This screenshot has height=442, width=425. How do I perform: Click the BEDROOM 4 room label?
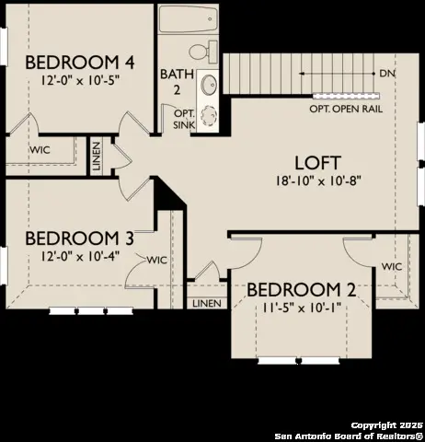pos(80,63)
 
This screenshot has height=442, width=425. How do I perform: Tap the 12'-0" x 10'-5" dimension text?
pos(80,80)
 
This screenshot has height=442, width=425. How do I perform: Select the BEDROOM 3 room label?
pos(79,238)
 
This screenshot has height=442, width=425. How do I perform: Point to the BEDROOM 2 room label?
pos(302,290)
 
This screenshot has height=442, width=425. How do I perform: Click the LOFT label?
pos(317,163)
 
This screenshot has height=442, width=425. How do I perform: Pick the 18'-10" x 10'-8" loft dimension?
pos(317,180)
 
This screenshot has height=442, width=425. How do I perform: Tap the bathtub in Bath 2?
pos(189,19)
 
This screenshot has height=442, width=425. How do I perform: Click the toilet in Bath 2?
pos(203,52)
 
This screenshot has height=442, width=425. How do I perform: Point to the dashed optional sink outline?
pos(209,115)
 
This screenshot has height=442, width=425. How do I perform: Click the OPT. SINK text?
pos(184,119)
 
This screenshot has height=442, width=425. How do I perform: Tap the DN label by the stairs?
pos(387,74)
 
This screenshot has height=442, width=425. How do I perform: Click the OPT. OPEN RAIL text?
pos(346,109)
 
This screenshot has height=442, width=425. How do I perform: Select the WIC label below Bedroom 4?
pos(40,150)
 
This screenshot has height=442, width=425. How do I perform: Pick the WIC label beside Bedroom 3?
pos(157,261)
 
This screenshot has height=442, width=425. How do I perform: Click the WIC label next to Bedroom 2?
pos(392,266)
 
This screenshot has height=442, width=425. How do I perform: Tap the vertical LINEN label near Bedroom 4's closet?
pos(97,157)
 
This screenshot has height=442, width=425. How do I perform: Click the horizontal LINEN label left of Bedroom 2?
pos(207,304)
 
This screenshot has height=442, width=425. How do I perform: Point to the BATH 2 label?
pos(177,82)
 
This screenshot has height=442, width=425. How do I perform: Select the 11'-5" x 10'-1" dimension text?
pos(302,308)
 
